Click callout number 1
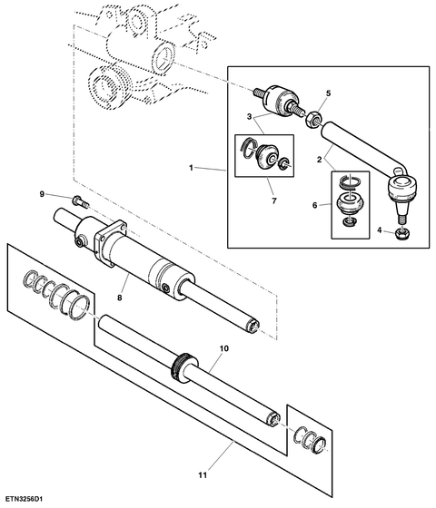(193, 169)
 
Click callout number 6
(316, 207)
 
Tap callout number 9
(42, 194)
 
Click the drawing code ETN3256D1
(25, 498)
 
